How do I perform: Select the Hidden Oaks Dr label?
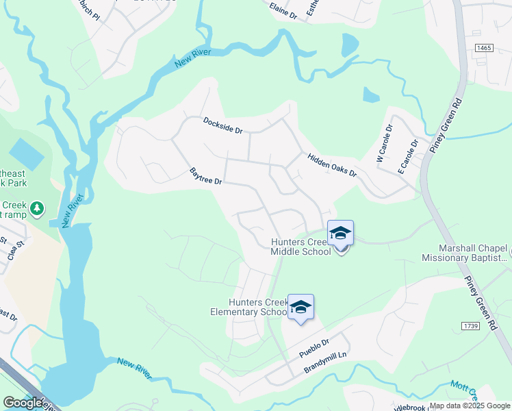tap(332, 164)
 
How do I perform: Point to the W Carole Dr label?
tap(384, 142)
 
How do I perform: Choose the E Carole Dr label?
tap(408, 155)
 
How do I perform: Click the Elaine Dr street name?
tap(283, 10)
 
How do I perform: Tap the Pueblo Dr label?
tap(315, 349)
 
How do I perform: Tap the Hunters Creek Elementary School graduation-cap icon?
tap(300, 308)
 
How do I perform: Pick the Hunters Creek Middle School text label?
tap(301, 247)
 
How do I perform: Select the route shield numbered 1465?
tap(485, 47)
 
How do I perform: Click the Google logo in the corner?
tap(22, 402)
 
